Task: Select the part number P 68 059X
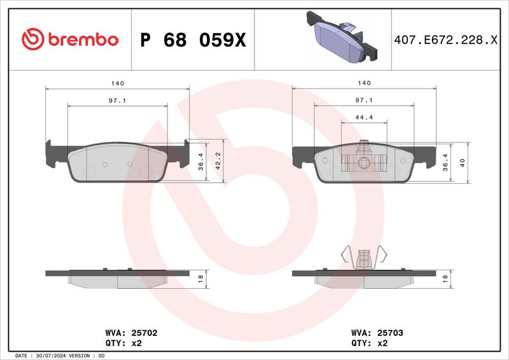click(192, 40)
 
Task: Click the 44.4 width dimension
click(364, 117)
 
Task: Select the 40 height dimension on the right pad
click(463, 162)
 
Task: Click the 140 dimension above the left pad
click(117, 83)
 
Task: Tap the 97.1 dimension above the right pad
click(364, 100)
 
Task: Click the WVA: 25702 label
click(122, 332)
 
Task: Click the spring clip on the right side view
click(364, 258)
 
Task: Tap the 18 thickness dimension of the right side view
click(445, 277)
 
